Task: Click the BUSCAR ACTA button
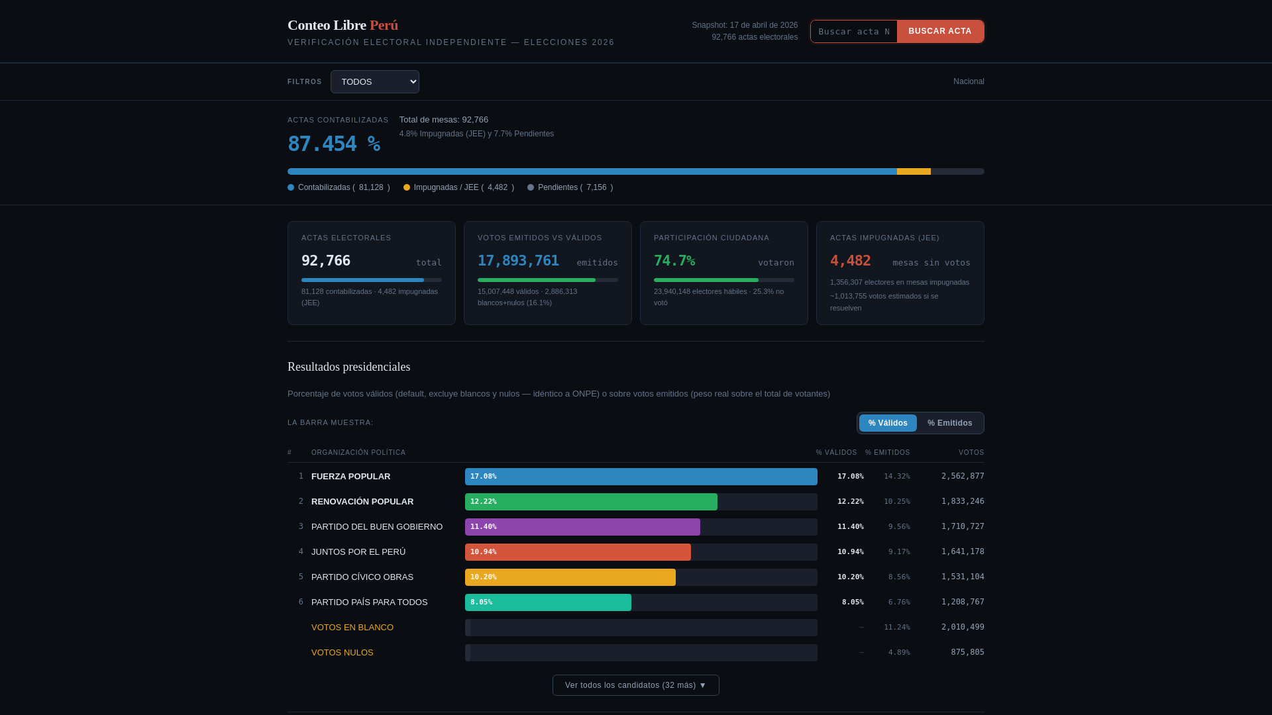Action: [x=940, y=31]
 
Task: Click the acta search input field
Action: [x=854, y=31]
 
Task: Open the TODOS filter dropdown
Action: [x=374, y=81]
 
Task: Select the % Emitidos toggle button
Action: [x=949, y=423]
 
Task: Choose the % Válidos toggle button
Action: [x=888, y=423]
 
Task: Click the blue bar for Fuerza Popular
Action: [x=641, y=477]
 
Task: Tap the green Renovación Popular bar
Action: [x=591, y=502]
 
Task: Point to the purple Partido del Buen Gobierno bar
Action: [x=582, y=527]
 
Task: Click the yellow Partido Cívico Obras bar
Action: [x=570, y=577]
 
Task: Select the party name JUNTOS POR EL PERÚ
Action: [x=358, y=552]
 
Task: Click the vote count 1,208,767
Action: [x=963, y=602]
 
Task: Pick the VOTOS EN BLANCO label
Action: [x=352, y=628]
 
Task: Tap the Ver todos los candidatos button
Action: [x=635, y=685]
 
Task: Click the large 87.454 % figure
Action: [x=334, y=144]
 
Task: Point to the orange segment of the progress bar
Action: [x=914, y=171]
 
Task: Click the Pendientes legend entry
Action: [x=570, y=187]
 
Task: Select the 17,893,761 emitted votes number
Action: [x=518, y=261]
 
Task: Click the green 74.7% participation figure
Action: [x=674, y=261]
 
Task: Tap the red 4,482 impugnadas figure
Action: [x=850, y=261]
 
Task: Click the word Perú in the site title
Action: [x=384, y=25]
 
